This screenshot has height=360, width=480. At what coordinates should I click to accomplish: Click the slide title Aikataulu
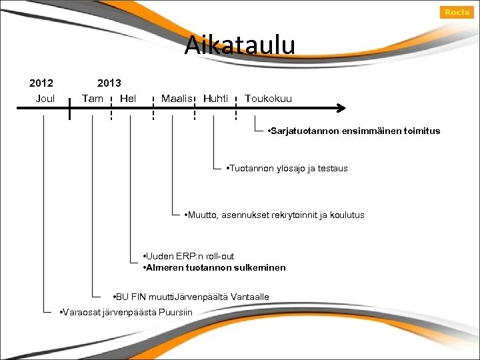pyautogui.click(x=239, y=45)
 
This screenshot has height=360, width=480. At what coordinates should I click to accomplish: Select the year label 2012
pyautogui.click(x=41, y=83)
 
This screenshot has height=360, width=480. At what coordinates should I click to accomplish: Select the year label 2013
pyautogui.click(x=109, y=83)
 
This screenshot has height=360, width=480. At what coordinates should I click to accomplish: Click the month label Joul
pyautogui.click(x=45, y=99)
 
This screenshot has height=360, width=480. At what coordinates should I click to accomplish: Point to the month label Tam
pyautogui.click(x=92, y=99)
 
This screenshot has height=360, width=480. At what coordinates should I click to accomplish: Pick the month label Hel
pyautogui.click(x=127, y=99)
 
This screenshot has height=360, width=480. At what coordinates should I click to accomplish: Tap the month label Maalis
pyautogui.click(x=177, y=99)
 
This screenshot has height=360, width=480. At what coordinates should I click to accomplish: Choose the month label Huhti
pyautogui.click(x=215, y=99)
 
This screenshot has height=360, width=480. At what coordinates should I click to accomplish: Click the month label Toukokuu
pyautogui.click(x=268, y=99)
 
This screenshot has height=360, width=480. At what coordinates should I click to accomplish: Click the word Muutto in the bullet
pyautogui.click(x=202, y=215)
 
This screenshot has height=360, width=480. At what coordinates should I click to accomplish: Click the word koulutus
pyautogui.click(x=346, y=215)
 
